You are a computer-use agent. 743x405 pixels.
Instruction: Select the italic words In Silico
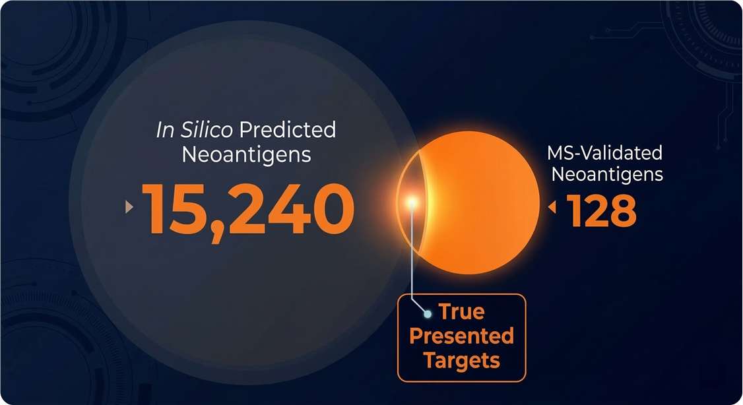point(194,130)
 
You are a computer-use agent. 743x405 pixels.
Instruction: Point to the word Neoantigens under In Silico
point(246,156)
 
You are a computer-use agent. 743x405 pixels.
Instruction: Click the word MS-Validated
point(604,154)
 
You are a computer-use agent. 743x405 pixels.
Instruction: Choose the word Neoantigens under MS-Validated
point(607,175)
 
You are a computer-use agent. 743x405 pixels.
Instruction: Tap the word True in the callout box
point(463,311)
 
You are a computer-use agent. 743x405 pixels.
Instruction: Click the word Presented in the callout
point(461,336)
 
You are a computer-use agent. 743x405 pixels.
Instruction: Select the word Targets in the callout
point(461,360)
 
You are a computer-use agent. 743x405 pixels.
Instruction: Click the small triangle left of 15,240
point(129,208)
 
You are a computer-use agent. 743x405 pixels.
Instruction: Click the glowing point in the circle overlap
point(412,201)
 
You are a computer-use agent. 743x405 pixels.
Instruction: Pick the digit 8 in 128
point(622,209)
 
